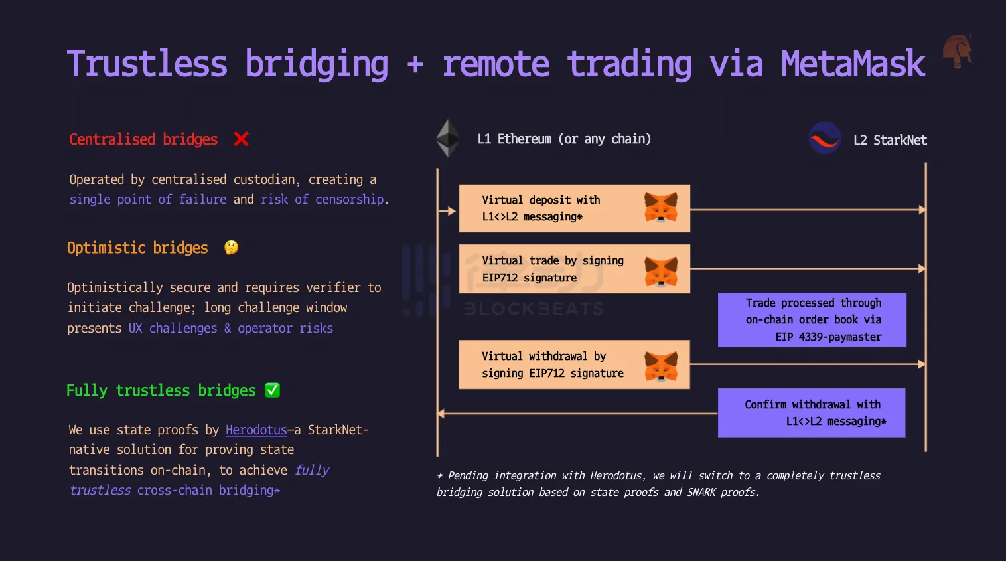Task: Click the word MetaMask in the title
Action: point(853,64)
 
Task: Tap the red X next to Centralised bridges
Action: point(241,139)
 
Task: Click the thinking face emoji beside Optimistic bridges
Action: point(232,247)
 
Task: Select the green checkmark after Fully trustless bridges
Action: point(272,390)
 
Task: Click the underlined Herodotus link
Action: point(256,430)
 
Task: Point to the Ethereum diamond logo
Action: point(448,138)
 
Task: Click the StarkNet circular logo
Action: point(825,138)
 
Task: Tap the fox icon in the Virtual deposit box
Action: point(661,207)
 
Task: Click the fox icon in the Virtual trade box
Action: point(661,272)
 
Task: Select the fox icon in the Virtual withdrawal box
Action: point(661,366)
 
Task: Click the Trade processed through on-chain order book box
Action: point(812,320)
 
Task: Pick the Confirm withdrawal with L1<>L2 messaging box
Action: point(812,413)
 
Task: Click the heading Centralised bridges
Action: point(143,139)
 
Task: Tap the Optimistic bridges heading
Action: point(137,248)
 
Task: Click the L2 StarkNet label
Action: point(890,141)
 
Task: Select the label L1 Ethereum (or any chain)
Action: point(564,139)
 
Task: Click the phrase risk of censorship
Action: point(323,199)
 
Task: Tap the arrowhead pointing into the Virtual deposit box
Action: point(452,210)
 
